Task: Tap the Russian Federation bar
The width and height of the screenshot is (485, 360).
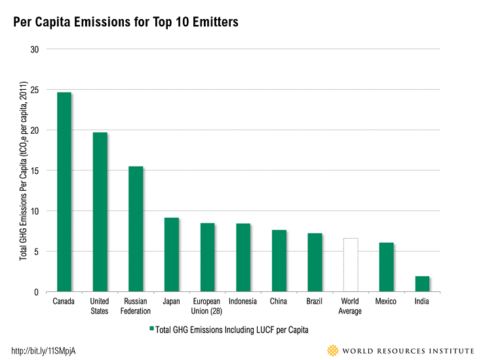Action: (x=136, y=229)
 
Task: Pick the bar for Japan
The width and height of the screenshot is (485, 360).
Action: (x=171, y=254)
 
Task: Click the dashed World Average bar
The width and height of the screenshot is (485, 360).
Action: (x=350, y=265)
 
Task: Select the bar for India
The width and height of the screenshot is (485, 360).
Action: (x=422, y=284)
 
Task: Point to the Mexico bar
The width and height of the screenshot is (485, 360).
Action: (x=386, y=268)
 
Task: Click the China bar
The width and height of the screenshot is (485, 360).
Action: (x=279, y=261)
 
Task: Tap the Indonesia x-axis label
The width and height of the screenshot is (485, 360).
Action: (x=242, y=302)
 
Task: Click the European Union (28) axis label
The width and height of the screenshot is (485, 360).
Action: (x=207, y=306)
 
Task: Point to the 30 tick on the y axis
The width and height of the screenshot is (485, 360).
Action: (x=35, y=49)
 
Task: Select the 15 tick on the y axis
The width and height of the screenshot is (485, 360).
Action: (x=35, y=170)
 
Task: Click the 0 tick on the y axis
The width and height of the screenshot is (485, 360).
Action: (x=37, y=292)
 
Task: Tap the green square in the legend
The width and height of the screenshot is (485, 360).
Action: (x=151, y=329)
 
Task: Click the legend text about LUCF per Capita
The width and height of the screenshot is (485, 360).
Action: (x=233, y=329)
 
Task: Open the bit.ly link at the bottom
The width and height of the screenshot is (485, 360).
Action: (x=44, y=350)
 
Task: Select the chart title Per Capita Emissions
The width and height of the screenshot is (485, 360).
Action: (x=126, y=22)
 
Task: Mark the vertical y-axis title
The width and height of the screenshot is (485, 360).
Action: (x=23, y=170)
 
